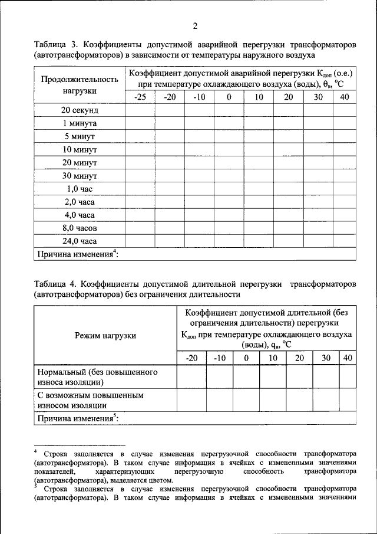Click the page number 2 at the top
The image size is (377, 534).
click(x=195, y=25)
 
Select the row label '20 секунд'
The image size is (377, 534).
click(x=80, y=110)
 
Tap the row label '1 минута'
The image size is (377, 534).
click(x=80, y=123)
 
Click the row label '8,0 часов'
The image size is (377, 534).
click(x=80, y=228)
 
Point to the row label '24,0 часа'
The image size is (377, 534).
click(x=80, y=241)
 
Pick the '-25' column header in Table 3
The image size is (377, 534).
click(x=140, y=97)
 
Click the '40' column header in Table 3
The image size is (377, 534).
click(x=345, y=97)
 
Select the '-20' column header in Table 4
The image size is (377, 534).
click(x=191, y=358)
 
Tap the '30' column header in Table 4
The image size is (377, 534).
click(x=326, y=358)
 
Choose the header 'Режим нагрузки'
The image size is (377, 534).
click(x=105, y=335)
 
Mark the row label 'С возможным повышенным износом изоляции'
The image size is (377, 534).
click(x=91, y=400)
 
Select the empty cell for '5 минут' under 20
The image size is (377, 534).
click(x=289, y=136)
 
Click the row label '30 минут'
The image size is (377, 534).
click(x=80, y=176)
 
